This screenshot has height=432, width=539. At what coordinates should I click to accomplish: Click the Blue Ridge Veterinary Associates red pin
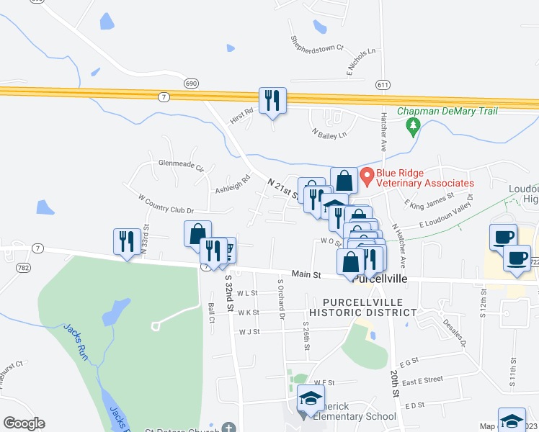[x=366, y=175]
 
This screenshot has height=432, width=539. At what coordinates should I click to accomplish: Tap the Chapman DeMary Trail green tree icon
[x=413, y=127]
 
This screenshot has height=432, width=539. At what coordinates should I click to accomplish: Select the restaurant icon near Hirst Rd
[x=272, y=100]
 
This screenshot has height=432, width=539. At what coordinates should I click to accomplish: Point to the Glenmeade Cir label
[x=182, y=163]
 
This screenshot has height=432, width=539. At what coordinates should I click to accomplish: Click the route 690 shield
[x=190, y=84]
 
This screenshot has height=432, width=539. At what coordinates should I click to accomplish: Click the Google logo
[x=24, y=423]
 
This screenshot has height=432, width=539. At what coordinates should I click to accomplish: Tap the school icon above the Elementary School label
[x=311, y=398]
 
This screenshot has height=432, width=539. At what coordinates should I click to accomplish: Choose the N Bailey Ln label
[x=329, y=133]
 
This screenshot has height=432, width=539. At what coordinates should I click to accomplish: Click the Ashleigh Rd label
[x=232, y=184]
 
